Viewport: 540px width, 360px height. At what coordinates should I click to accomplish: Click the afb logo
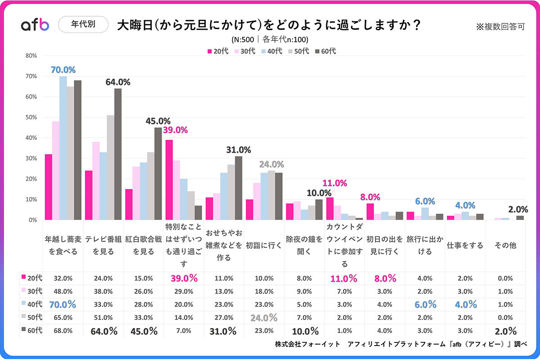[35, 25]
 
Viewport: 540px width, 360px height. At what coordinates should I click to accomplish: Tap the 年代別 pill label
[83, 25]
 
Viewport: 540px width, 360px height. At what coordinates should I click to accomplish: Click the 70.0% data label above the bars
[63, 70]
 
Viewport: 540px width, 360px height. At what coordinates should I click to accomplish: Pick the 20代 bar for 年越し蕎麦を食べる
[49, 187]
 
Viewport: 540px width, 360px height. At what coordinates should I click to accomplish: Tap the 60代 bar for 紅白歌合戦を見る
[158, 174]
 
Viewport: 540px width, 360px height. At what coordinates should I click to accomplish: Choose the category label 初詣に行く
[264, 245]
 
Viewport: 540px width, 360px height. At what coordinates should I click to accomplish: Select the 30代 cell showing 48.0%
[63, 291]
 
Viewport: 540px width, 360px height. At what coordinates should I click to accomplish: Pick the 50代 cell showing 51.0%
[103, 318]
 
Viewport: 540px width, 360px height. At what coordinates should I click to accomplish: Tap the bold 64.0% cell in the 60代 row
[104, 331]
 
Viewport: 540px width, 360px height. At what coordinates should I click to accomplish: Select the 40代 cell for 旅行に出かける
[424, 304]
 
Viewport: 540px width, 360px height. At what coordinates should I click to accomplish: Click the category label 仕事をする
[465, 245]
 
